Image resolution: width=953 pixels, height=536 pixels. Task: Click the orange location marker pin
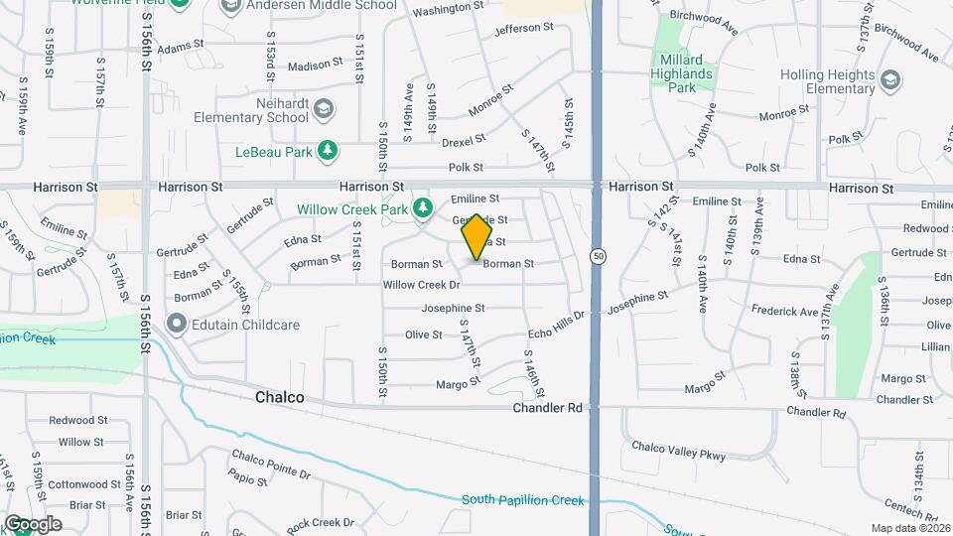tap(477, 236)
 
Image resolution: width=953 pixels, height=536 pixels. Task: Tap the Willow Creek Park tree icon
tap(424, 207)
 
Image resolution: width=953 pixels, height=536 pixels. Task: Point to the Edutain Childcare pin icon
tap(178, 324)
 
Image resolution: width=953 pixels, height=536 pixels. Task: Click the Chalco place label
tap(279, 397)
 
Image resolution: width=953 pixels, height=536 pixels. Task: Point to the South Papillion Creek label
tap(522, 500)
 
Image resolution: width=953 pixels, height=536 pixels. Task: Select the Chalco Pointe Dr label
tap(271, 465)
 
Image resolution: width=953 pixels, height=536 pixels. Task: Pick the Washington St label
tap(448, 9)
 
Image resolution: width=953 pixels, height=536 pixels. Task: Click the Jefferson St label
tap(523, 29)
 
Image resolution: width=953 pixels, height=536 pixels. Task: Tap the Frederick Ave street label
tap(784, 312)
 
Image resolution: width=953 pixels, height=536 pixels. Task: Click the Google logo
tap(32, 524)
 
